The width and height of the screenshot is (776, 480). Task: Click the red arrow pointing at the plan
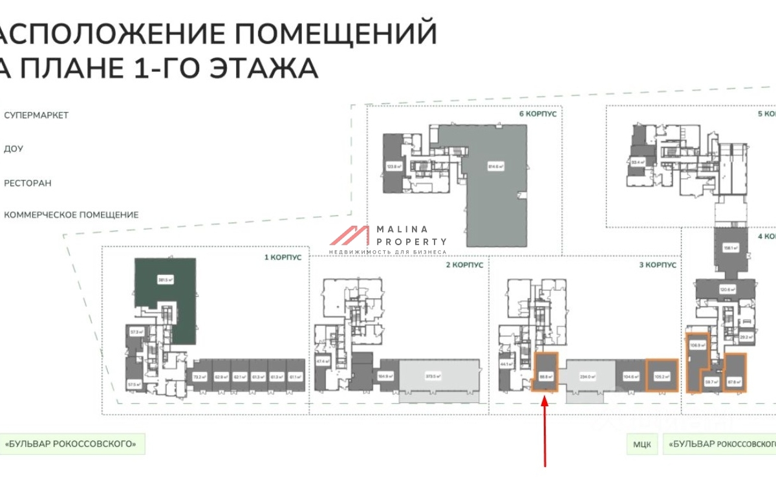coord(544,430)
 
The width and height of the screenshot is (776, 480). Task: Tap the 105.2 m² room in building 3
coord(663,375)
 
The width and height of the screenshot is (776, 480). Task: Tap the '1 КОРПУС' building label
coord(283,257)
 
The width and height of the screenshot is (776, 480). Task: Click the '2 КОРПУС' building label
coord(465,265)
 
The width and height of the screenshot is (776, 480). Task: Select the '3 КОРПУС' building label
coord(658,265)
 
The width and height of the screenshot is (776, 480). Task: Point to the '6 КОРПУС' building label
coord(538,113)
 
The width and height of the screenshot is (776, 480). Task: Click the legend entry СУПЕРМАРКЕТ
coord(36,115)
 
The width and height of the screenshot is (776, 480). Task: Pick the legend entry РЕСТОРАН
coord(28,183)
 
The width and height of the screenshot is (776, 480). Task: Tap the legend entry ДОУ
coord(14,149)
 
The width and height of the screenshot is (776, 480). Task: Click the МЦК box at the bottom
coord(641,444)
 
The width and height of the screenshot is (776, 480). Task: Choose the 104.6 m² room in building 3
coord(630,376)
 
